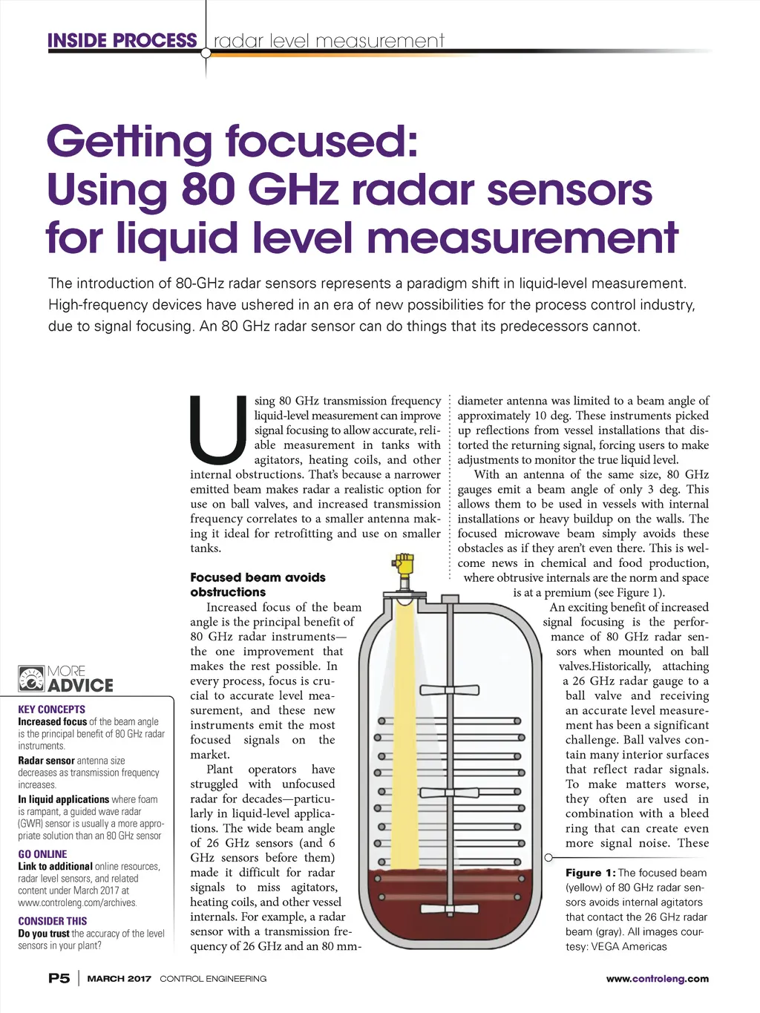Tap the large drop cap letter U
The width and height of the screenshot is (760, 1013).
click(x=217, y=430)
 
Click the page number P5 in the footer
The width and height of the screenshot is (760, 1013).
click(x=59, y=978)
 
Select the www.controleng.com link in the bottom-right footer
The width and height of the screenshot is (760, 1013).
click(x=657, y=979)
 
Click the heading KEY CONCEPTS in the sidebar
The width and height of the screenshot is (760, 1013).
click(x=51, y=709)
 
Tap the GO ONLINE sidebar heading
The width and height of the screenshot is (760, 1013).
click(x=42, y=854)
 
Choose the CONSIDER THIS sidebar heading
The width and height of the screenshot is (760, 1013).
click(x=52, y=921)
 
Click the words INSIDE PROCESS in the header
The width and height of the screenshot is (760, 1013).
click(x=122, y=41)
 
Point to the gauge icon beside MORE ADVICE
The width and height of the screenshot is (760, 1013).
click(x=31, y=679)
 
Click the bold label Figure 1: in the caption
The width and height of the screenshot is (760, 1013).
click(x=590, y=873)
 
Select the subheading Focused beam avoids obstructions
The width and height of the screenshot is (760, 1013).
click(x=258, y=585)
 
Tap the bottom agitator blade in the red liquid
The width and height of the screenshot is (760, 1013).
click(x=449, y=908)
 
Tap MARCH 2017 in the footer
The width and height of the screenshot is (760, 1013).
click(x=119, y=979)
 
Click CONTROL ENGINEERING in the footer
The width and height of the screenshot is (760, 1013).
click(x=213, y=979)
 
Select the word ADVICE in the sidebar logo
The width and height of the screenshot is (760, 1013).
click(x=80, y=686)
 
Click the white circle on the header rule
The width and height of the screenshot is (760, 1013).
click(x=206, y=53)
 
